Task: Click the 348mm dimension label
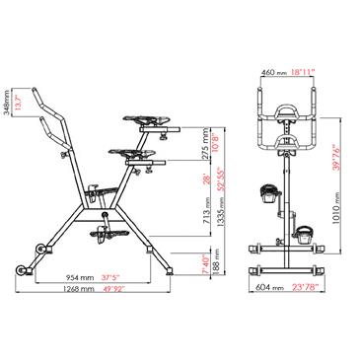point(8,100)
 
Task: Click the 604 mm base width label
point(265,288)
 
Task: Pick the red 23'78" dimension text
point(306,288)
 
